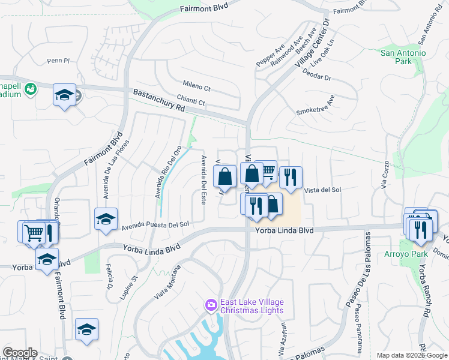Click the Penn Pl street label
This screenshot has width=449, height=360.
[59, 61]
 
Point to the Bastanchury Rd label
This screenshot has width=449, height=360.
[158, 100]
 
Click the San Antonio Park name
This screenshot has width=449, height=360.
[403, 58]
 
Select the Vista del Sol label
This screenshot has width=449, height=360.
[322, 190]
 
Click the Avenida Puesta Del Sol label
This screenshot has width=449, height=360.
[155, 225]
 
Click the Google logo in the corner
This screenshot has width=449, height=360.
[20, 353]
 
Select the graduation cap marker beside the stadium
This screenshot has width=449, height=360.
[64, 95]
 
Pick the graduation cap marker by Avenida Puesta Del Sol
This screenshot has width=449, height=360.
[106, 219]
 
